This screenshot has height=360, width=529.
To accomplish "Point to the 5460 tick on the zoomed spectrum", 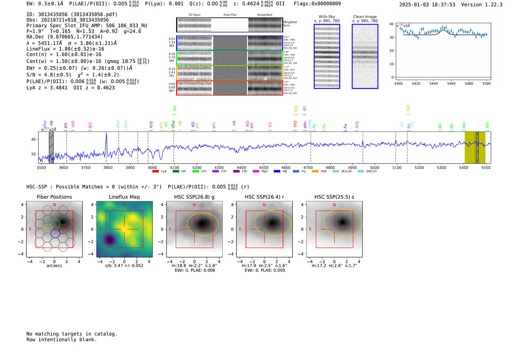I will [451, 83].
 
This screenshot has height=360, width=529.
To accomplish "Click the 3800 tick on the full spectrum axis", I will [108, 168].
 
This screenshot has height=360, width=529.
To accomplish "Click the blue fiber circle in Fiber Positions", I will [55, 233].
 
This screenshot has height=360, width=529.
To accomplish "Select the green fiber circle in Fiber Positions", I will [55, 223].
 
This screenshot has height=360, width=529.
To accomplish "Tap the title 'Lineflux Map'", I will [124, 197].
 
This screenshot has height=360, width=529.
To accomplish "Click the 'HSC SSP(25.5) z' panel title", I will [334, 197].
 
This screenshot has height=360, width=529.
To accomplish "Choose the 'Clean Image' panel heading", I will [365, 17].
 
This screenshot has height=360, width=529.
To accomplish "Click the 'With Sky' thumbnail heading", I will [326, 17].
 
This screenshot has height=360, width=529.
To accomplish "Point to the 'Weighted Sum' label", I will [289, 24].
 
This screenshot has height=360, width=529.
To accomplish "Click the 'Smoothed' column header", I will [264, 15].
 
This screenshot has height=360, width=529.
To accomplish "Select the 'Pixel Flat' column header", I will [230, 15].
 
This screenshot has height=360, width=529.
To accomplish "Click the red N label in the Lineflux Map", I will [124, 205].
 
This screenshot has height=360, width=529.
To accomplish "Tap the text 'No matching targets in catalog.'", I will [72, 334].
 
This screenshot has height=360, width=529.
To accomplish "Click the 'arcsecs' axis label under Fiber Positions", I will [54, 266].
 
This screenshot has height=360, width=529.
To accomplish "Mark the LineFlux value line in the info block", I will [65, 49].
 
